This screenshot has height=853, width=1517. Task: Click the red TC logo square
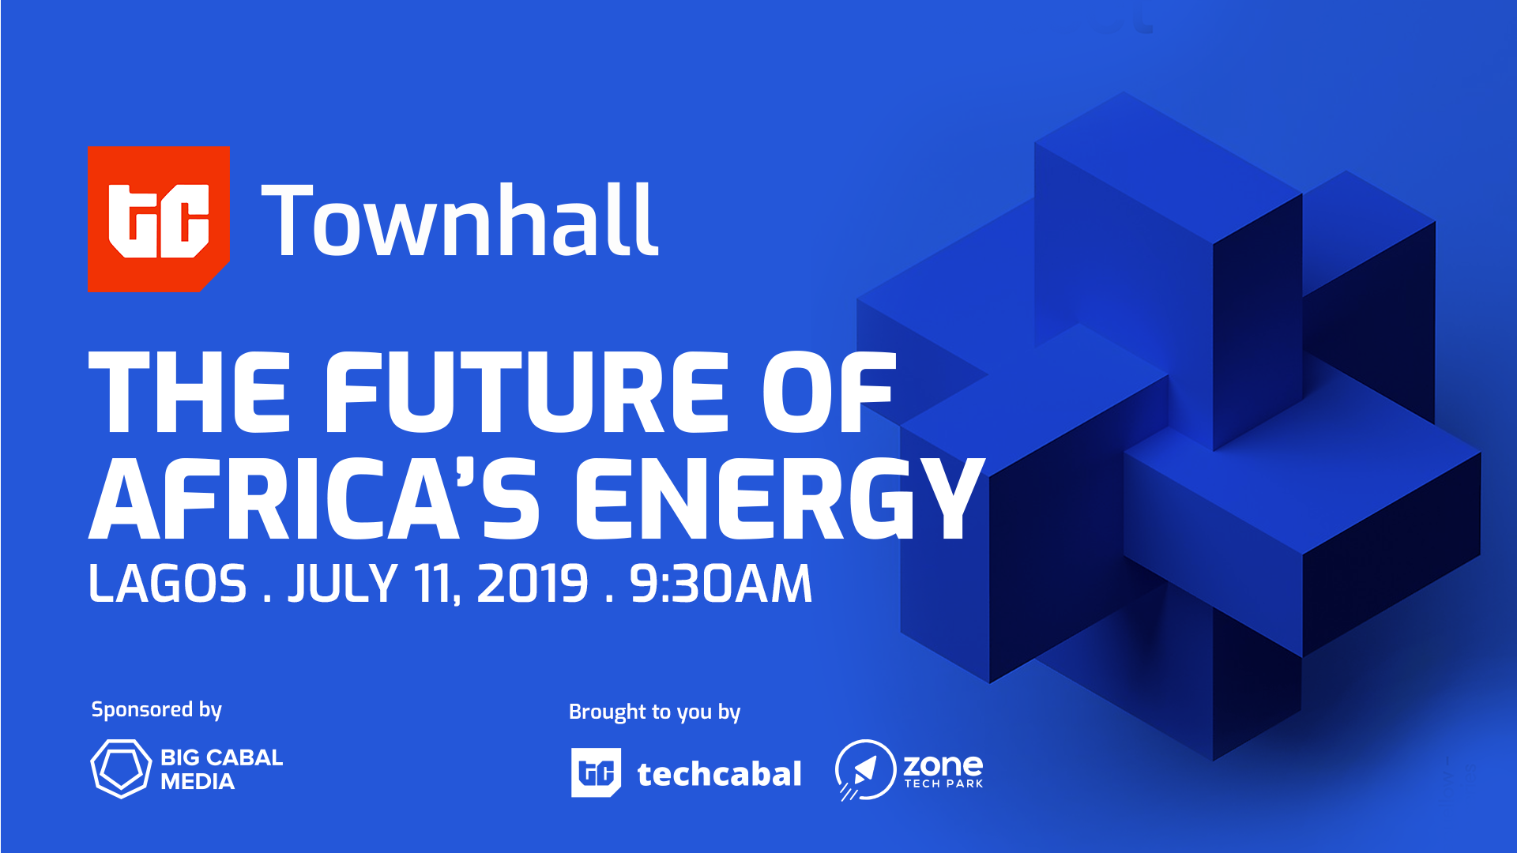(159, 219)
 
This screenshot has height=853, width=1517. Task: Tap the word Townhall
(459, 220)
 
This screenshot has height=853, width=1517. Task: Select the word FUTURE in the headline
(527, 393)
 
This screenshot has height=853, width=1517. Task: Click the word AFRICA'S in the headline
(314, 498)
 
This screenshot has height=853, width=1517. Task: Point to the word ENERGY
(780, 498)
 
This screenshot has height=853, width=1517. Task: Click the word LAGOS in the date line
(168, 584)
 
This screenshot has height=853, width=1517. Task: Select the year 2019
(533, 584)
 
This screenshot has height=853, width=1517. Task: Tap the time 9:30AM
(721, 584)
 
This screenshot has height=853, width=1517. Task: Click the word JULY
(342, 584)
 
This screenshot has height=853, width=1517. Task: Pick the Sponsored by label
(156, 710)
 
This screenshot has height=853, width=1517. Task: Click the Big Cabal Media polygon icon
(120, 768)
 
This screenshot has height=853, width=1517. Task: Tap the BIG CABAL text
(221, 757)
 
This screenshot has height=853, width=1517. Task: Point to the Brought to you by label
(655, 712)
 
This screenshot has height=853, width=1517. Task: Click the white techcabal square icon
(596, 772)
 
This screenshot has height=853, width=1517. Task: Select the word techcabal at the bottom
(719, 774)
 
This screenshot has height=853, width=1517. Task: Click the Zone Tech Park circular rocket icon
(865, 769)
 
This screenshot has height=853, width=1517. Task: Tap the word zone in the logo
(943, 765)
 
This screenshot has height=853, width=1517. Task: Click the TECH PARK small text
(944, 783)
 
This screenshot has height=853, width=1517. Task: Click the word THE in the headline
(190, 393)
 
